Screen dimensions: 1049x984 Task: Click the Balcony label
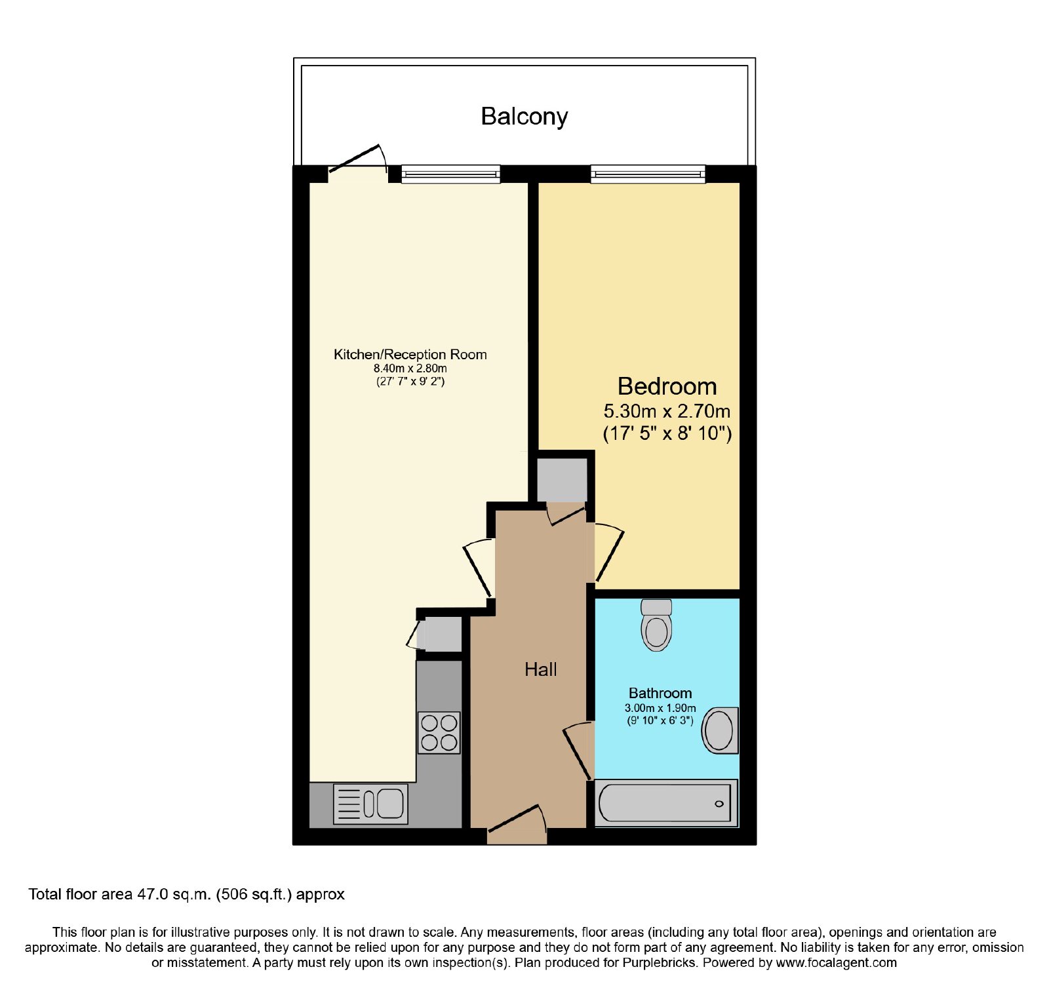524,117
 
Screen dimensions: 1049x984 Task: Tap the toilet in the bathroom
656,625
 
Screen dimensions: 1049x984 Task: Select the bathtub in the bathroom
666,802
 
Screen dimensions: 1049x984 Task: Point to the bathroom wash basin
720,730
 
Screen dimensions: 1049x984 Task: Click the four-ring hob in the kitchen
439,732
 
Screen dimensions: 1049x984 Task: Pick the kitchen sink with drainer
370,804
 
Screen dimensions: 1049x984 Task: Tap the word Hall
540,669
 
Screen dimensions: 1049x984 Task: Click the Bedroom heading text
667,387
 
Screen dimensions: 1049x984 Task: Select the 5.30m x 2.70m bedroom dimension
667,412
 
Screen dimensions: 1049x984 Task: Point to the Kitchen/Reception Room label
410,355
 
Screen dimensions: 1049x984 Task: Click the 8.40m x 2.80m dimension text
410,368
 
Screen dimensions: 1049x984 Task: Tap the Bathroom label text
660,693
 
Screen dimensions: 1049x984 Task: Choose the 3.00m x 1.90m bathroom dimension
660,708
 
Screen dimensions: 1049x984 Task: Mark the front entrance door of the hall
517,825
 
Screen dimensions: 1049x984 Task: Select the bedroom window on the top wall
648,174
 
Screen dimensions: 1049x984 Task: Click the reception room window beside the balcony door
450,174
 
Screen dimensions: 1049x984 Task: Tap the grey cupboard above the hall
562,480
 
